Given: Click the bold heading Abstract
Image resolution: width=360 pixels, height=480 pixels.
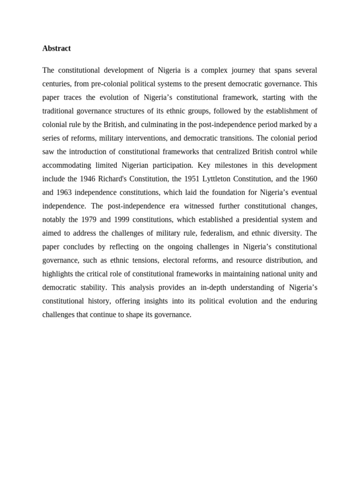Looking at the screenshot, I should pos(56,48).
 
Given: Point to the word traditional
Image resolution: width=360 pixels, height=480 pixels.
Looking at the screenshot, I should pos(58,111).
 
